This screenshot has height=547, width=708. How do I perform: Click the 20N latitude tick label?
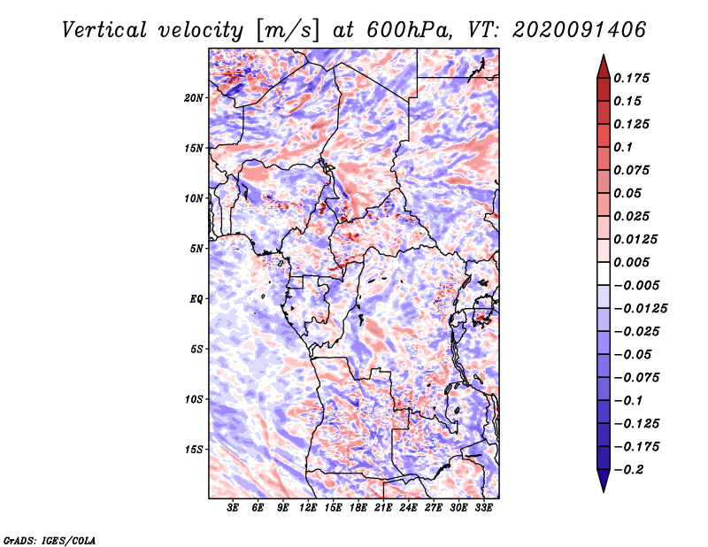194,97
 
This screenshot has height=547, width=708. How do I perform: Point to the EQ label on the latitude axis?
196,299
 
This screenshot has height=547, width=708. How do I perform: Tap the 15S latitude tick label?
194,450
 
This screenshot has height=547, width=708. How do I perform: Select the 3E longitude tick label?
233,508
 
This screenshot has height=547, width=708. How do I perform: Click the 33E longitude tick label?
483,508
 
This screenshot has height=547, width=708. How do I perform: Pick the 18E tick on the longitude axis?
358,508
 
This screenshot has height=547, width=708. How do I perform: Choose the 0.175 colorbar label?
631,78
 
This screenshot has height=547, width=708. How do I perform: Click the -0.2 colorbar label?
628,470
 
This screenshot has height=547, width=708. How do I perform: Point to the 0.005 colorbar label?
631,262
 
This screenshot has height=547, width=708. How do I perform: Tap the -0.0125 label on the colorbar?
640,309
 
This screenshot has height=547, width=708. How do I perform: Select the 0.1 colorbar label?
623,147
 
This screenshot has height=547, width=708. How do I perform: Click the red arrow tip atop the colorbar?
604,55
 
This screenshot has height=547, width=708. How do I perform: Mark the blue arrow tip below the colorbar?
604,491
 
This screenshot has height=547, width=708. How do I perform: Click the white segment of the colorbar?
604,273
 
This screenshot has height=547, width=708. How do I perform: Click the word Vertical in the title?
104,30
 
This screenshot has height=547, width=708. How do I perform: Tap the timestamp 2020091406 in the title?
580,30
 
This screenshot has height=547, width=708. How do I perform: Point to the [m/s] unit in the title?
288,30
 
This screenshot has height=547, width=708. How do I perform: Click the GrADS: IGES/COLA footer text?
50,540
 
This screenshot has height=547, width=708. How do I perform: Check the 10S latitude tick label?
194,399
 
